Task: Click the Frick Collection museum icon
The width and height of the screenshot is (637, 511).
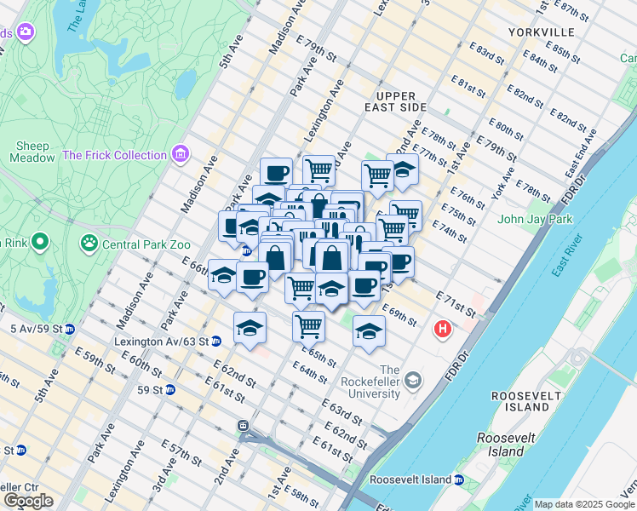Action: coord(180,155)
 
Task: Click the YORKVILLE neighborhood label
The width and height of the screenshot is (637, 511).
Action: coord(541,32)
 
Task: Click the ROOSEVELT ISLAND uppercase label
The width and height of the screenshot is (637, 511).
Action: coord(525,402)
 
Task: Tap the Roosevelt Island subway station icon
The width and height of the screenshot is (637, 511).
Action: coord(459,480)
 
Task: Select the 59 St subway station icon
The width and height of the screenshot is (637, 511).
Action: coord(170,390)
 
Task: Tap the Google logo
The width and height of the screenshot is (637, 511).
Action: coord(28,501)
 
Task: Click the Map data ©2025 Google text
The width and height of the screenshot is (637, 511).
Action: coord(583,504)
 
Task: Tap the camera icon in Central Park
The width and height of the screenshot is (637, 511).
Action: coord(26,32)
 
